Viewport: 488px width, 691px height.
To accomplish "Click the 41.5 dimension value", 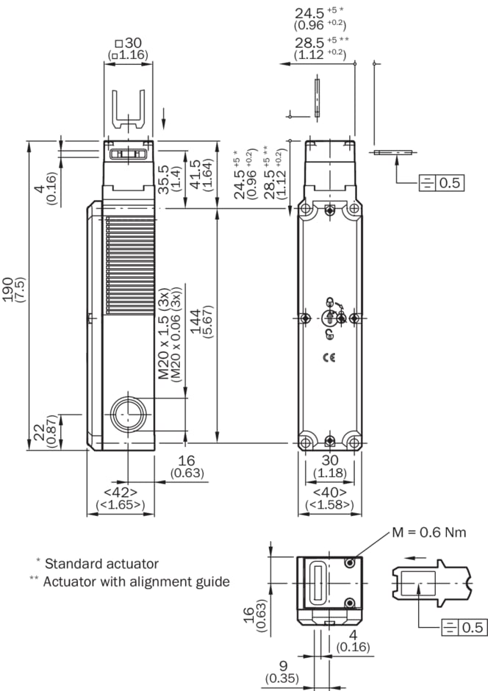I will pyautogui.click(x=196, y=175).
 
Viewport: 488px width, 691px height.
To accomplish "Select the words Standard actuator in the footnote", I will pyautogui.click(x=101, y=564).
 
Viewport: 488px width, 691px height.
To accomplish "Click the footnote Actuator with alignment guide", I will pyautogui.click(x=136, y=581).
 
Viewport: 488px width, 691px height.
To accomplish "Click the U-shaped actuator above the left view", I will pyautogui.click(x=129, y=111).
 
